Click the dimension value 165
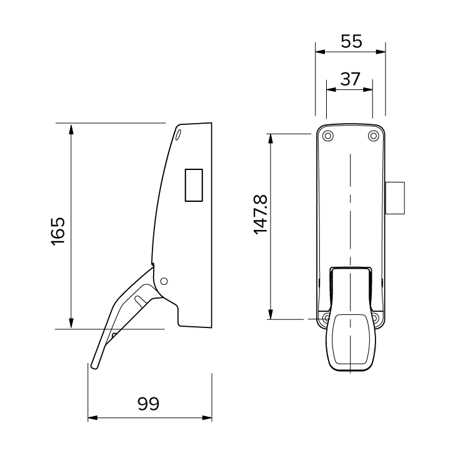(x=57, y=231)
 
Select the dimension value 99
(x=148, y=403)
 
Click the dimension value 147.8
(x=261, y=214)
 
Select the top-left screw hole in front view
(x=329, y=136)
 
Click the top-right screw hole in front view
(x=373, y=136)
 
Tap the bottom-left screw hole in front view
(x=327, y=318)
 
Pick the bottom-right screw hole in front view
(x=375, y=318)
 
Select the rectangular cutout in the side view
(x=194, y=185)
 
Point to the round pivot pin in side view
(x=164, y=281)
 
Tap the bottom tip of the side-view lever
(x=94, y=366)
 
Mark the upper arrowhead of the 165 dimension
(x=72, y=128)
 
